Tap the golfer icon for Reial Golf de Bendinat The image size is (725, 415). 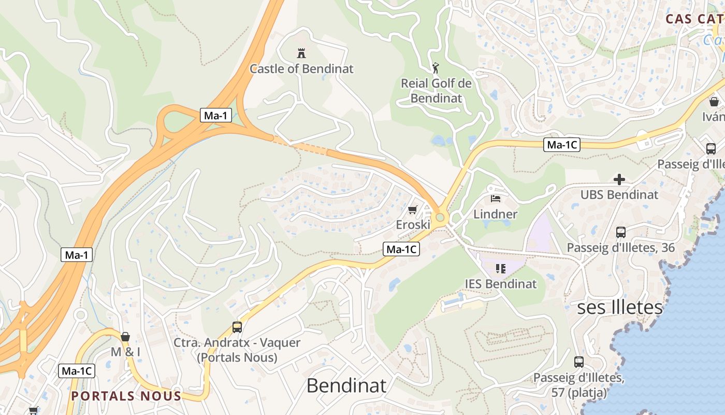pos(436,68)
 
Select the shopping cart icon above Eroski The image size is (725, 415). pos(412,210)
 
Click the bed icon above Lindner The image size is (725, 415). pos(496,198)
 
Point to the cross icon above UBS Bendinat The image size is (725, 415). pos(619,179)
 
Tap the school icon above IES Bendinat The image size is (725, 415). pos(500,268)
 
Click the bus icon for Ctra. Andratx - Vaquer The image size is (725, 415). pos(237,327)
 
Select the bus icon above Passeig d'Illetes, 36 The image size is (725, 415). pos(620,232)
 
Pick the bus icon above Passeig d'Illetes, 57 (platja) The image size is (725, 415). pos(578,362)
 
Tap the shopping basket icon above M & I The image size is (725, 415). pos(125,337)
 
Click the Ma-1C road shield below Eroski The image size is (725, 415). pos(401,250)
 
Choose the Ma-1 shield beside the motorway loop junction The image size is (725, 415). pos(215,115)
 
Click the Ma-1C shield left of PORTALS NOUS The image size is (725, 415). pos(76,371)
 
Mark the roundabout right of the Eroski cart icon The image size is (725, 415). pos(441,217)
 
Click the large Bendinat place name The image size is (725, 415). pos(346,385)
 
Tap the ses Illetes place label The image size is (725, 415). pos(620,307)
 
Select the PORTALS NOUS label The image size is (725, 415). pos(126,396)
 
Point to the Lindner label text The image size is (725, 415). pos(495,214)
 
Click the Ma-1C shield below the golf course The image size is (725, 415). pos(561,145)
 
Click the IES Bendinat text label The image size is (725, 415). pos(500,284)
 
